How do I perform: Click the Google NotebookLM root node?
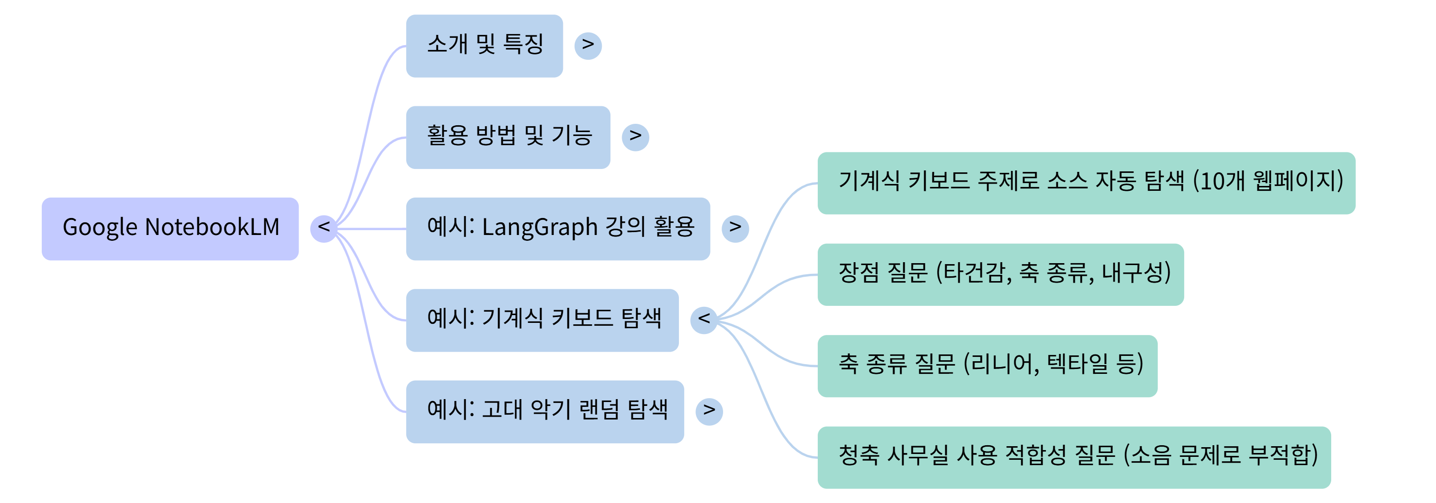[170, 228]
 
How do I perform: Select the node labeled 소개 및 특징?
[484, 46]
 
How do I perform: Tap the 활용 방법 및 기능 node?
[508, 137]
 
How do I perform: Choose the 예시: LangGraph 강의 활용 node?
[558, 228]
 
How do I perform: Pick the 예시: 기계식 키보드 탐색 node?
[542, 319]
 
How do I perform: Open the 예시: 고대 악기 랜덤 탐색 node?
[545, 412]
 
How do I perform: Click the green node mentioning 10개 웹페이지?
[1086, 183]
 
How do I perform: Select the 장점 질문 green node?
[1000, 274]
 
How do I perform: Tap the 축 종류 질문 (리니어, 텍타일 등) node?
[987, 366]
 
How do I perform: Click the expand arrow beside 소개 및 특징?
[588, 45]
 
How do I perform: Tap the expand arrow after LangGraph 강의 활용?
[735, 228]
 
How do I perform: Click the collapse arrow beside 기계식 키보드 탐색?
[704, 319]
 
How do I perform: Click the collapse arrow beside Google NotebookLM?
[323, 228]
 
